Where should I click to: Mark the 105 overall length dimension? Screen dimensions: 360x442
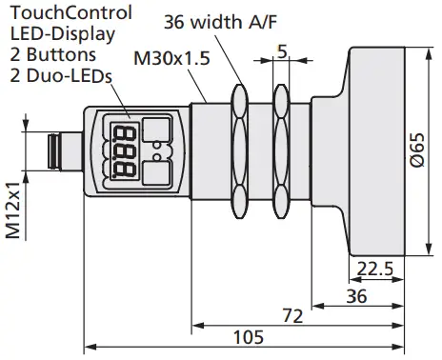[247, 337]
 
